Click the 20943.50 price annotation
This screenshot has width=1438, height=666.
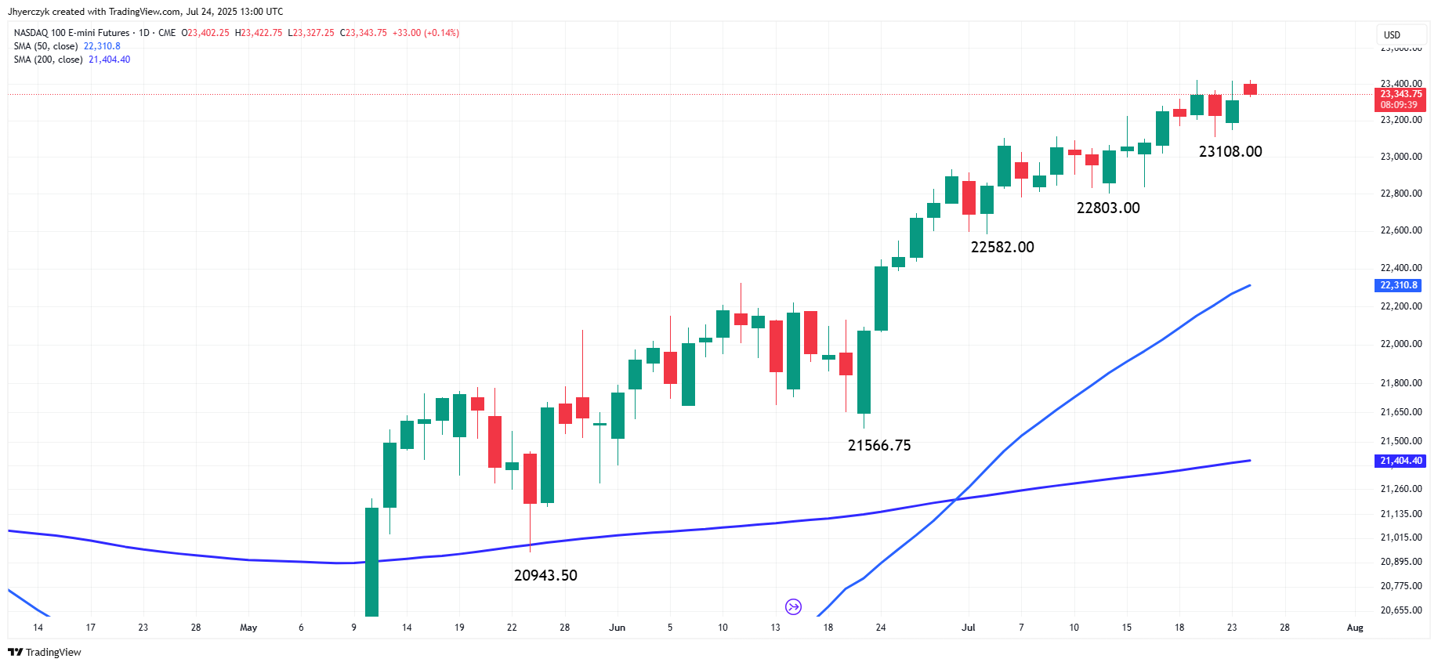(x=545, y=575)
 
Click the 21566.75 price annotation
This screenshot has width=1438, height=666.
(x=879, y=445)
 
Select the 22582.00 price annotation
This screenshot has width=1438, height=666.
(x=1002, y=247)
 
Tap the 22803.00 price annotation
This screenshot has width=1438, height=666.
(x=1108, y=208)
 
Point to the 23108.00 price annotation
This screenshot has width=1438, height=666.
(x=1230, y=151)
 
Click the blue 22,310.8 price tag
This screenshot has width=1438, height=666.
(x=1399, y=285)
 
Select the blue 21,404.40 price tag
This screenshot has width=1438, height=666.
(x=1400, y=461)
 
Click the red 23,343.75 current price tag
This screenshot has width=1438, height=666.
(x=1400, y=94)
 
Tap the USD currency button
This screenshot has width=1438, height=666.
(x=1392, y=34)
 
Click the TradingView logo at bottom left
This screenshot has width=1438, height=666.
(x=45, y=652)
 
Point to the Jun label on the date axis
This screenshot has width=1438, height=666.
(x=618, y=628)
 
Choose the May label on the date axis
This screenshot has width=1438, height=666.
(x=248, y=628)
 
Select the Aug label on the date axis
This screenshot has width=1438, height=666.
(x=1355, y=628)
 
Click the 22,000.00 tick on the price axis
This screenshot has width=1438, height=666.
(x=1400, y=344)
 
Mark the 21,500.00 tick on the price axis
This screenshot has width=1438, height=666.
(x=1400, y=441)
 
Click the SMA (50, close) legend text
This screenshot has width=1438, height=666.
(x=45, y=46)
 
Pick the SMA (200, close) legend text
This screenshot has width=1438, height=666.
(x=48, y=60)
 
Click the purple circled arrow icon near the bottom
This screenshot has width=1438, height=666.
(x=793, y=606)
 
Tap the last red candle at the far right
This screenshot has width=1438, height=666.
(x=1250, y=89)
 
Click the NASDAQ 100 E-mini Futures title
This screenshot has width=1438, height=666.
(x=71, y=33)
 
